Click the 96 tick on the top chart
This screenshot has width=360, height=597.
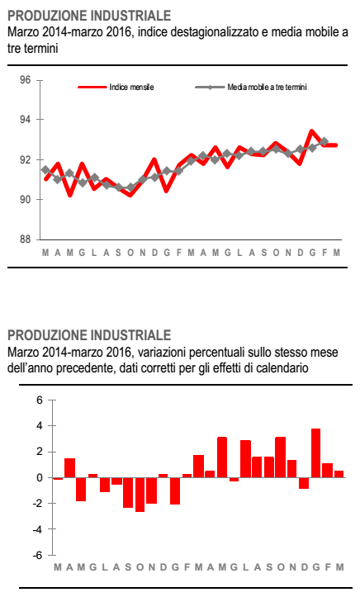pyautogui.click(x=25, y=80)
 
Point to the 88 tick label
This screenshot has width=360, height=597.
pyautogui.click(x=25, y=239)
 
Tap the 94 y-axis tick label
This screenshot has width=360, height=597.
pyautogui.click(x=25, y=120)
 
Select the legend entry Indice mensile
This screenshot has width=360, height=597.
pyautogui.click(x=116, y=88)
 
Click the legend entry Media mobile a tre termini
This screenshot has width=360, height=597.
pyautogui.click(x=251, y=88)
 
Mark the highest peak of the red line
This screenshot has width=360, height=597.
pyautogui.click(x=312, y=132)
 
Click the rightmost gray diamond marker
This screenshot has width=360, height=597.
pyautogui.click(x=324, y=142)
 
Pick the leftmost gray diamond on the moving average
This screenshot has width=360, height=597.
pyautogui.click(x=45, y=170)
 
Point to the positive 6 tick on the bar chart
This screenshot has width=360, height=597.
pyautogui.click(x=40, y=400)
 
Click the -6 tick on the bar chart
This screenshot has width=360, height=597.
pyautogui.click(x=39, y=555)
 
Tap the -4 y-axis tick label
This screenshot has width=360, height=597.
pyautogui.click(x=39, y=529)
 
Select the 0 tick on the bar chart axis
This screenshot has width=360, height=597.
pyautogui.click(x=40, y=477)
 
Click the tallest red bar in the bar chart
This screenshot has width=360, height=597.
pyautogui.click(x=315, y=453)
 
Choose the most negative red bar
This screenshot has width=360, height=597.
pyautogui.click(x=140, y=495)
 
